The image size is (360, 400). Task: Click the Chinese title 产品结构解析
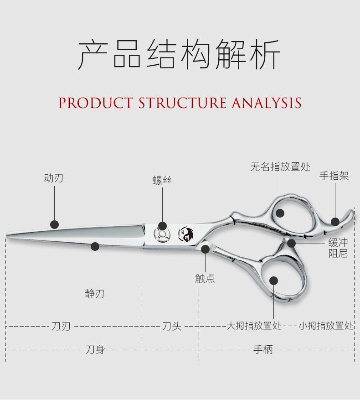coord(180,54)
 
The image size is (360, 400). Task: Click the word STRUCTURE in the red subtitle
coord(182,103)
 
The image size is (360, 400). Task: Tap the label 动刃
coord(54,178)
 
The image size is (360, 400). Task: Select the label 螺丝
coord(162,181)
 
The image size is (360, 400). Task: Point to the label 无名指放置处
coord(280,167)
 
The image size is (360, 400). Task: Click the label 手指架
coord(334,176)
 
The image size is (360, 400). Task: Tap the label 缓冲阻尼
coord(338,248)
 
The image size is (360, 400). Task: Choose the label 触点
coord(205,278)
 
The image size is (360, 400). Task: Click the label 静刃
coord(95,294)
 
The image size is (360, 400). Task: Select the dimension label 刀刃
coord(61,327)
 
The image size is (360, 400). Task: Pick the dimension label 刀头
coord(172,327)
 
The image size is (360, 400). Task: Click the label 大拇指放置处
coord(254,326)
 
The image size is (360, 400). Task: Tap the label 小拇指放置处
coord(326,326)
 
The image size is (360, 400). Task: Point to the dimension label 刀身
coord(95,350)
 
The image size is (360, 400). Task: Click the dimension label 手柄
coord(263,350)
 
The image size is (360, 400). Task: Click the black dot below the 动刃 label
coord(54,224)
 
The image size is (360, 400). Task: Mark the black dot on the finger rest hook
coord(335,222)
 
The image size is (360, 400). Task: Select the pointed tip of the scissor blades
coord(7,236)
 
